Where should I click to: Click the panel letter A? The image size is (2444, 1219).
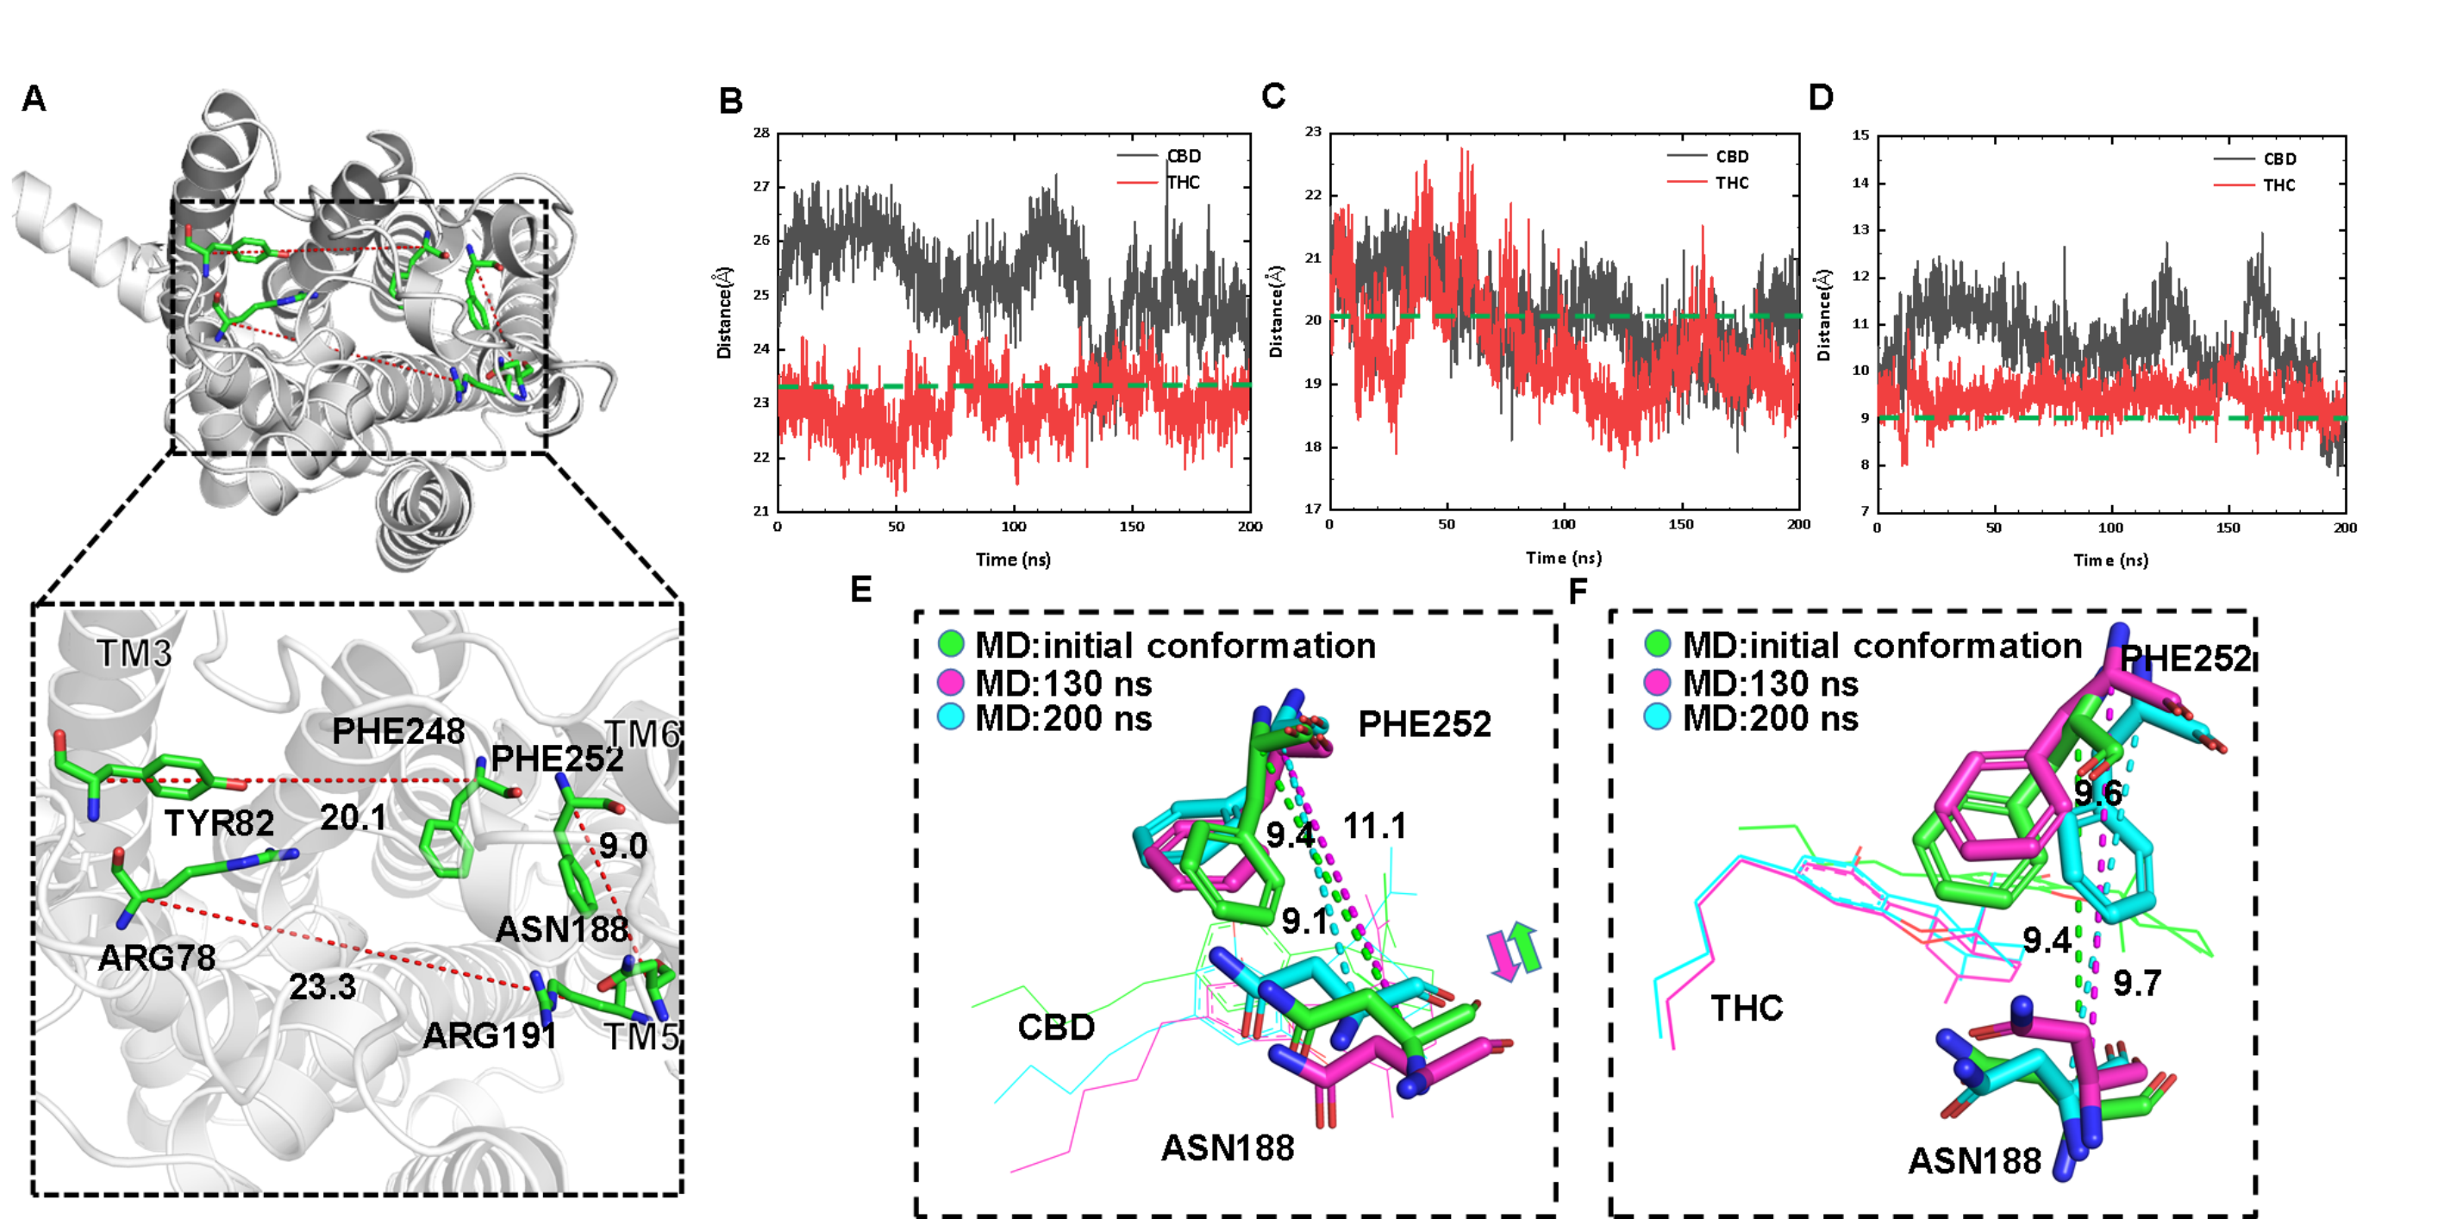(34, 98)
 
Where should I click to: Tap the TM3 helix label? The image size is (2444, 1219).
(134, 653)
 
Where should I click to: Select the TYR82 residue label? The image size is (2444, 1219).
(219, 822)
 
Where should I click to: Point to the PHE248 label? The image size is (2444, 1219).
(398, 731)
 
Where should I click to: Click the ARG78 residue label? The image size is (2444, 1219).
(157, 958)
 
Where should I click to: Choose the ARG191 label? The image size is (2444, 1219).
(489, 1036)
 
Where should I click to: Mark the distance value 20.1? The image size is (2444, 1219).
(353, 816)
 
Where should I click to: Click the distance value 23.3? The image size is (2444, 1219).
(322, 988)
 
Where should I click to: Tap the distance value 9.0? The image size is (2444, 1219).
(622, 845)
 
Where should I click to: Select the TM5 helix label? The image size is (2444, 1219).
(641, 1037)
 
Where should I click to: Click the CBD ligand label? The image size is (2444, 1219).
(1056, 1028)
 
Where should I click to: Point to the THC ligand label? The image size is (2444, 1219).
(1747, 1009)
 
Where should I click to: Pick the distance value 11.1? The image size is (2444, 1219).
(1375, 826)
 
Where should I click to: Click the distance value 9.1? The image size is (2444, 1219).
(1304, 920)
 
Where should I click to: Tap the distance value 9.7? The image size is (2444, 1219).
(2136, 984)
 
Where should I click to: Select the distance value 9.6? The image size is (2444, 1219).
(2097, 794)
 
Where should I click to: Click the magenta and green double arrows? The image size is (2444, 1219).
(1513, 951)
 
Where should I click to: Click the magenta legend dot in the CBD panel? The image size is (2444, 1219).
(950, 683)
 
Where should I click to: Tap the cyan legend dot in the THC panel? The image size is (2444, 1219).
(1657, 718)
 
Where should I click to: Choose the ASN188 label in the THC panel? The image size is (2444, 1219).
(1974, 1161)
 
